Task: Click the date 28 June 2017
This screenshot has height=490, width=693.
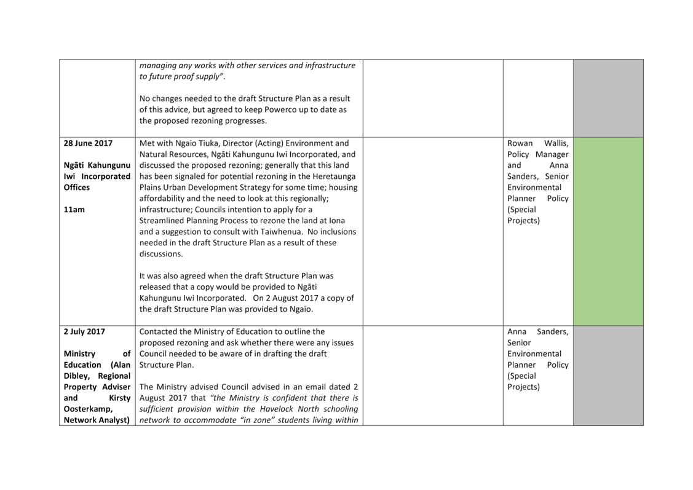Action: click(88, 143)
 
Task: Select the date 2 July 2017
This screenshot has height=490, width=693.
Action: click(84, 331)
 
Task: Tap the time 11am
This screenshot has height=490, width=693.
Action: click(74, 210)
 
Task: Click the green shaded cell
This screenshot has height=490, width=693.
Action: click(608, 231)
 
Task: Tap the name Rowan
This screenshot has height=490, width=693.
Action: click(520, 143)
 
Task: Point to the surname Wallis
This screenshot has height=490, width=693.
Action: click(556, 143)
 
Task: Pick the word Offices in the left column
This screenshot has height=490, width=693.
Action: click(77, 188)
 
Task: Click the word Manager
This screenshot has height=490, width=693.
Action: click(552, 154)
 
